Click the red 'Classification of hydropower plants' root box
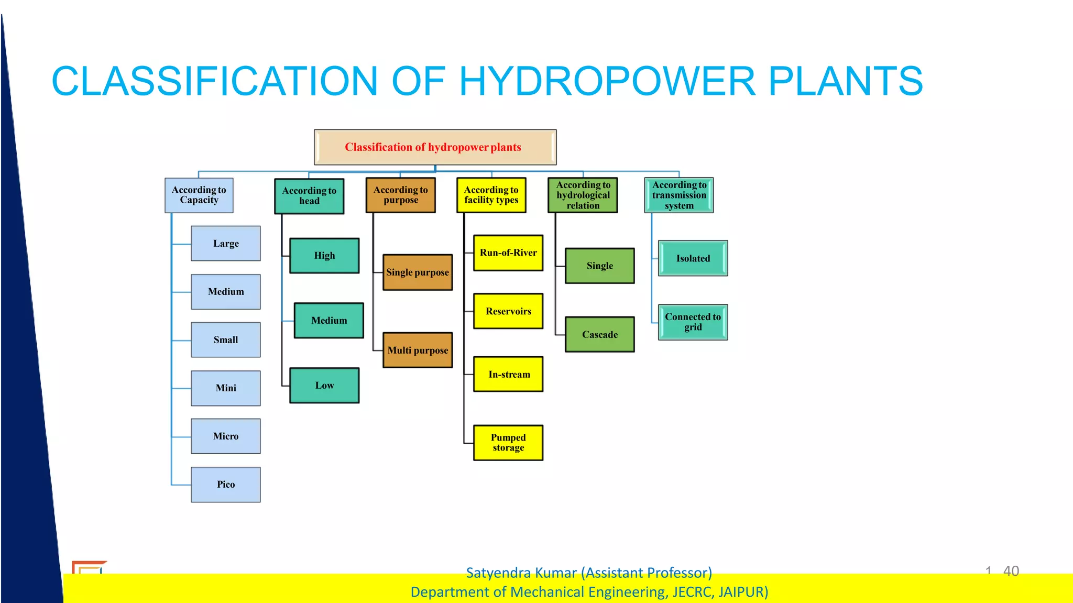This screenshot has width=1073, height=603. [x=435, y=147]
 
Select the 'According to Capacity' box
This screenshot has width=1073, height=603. [x=199, y=195]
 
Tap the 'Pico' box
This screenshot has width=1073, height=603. [x=226, y=485]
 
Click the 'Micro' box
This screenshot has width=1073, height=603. [x=226, y=436]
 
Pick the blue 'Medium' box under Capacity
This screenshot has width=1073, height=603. [x=226, y=292]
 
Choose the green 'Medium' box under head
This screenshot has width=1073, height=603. [x=329, y=320]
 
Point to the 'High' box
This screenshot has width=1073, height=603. [x=324, y=256]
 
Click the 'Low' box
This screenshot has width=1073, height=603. [x=324, y=386]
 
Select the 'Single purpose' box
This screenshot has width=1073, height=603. [x=418, y=272]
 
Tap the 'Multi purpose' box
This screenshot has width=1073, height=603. [x=418, y=350]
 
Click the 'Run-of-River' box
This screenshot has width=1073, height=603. [x=508, y=253]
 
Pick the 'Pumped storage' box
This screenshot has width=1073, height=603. [x=508, y=443]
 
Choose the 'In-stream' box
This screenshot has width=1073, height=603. [x=508, y=374]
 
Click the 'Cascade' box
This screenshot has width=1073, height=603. [x=600, y=334]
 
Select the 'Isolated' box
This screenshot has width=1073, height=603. [x=693, y=258]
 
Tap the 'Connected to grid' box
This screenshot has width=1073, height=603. [x=693, y=322]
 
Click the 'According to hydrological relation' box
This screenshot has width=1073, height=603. [x=583, y=195]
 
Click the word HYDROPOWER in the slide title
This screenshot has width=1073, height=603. [x=607, y=81]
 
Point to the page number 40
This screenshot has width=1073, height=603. [x=1011, y=571]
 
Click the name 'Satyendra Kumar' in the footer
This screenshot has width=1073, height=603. [x=521, y=573]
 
